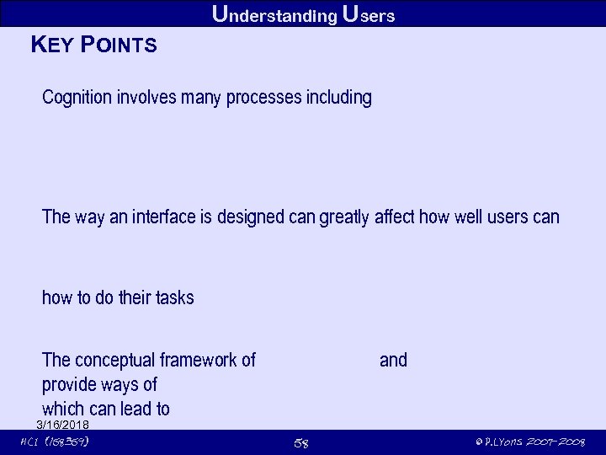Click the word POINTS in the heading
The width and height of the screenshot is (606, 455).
coord(119,45)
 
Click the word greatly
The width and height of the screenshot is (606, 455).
coord(344,217)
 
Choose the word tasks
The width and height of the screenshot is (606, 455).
coord(174,297)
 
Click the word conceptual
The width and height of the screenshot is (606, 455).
coord(111,361)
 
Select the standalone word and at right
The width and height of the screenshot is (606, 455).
coord(393,361)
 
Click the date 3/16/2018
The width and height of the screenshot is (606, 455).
coord(63,424)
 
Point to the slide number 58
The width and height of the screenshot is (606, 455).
coord(301,443)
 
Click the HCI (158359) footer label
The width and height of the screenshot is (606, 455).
coord(55,442)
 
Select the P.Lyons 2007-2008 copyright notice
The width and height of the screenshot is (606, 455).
coord(529,442)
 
